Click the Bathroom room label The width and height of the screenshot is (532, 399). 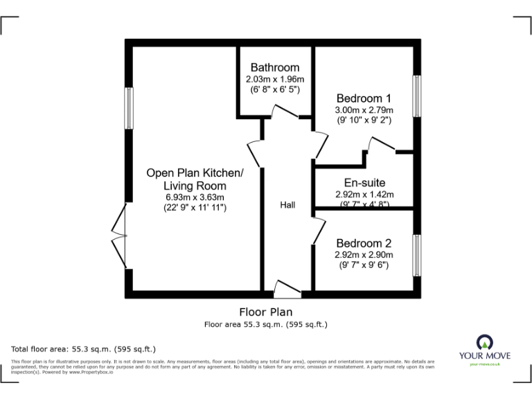click(x=275, y=67)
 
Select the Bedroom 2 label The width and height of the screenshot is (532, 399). click(x=364, y=243)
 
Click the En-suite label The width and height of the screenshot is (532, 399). click(x=364, y=183)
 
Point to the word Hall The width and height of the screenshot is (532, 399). click(x=287, y=206)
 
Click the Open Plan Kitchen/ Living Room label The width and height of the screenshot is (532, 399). click(x=195, y=179)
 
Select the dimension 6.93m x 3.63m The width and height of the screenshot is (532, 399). click(x=195, y=197)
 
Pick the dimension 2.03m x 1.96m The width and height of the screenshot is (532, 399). click(x=275, y=79)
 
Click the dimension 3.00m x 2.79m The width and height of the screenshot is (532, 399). click(x=364, y=109)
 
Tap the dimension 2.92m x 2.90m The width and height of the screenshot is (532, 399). click(x=364, y=254)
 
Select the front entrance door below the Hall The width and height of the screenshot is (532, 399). click(x=287, y=287)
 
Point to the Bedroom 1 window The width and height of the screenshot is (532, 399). click(x=416, y=96)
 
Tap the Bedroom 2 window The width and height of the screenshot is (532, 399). click(x=416, y=255)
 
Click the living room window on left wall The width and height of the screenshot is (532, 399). click(x=128, y=107)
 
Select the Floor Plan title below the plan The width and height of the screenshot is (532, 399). click(x=266, y=312)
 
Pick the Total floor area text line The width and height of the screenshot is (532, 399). click(x=84, y=348)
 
